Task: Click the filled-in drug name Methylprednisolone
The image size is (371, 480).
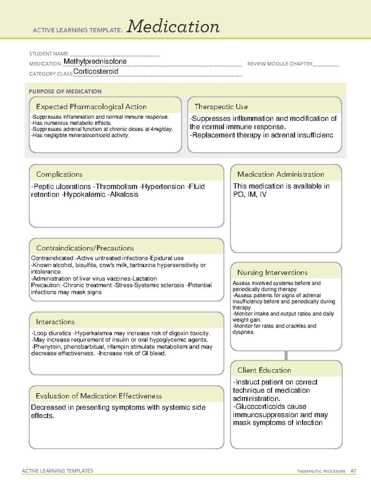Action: click(95, 62)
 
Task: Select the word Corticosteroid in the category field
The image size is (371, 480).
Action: click(96, 71)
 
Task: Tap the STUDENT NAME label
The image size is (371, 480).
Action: click(49, 54)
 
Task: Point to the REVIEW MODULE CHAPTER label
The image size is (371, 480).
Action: click(280, 64)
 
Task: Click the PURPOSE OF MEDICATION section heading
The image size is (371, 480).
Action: click(65, 91)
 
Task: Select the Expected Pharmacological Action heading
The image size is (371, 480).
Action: click(91, 107)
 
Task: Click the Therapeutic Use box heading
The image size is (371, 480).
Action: click(221, 107)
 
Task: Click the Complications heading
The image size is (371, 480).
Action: click(59, 174)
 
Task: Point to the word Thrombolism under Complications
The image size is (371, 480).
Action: click(116, 187)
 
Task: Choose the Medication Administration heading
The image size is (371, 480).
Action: click(281, 174)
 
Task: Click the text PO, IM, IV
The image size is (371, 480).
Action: click(250, 194)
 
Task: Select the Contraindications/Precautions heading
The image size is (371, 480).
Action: click(85, 248)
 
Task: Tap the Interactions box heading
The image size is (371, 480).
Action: click(55, 322)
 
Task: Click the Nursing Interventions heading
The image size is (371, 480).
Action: click(272, 272)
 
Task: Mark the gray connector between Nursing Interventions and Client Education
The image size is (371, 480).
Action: click(286, 355)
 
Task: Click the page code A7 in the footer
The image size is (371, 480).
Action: click(353, 471)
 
